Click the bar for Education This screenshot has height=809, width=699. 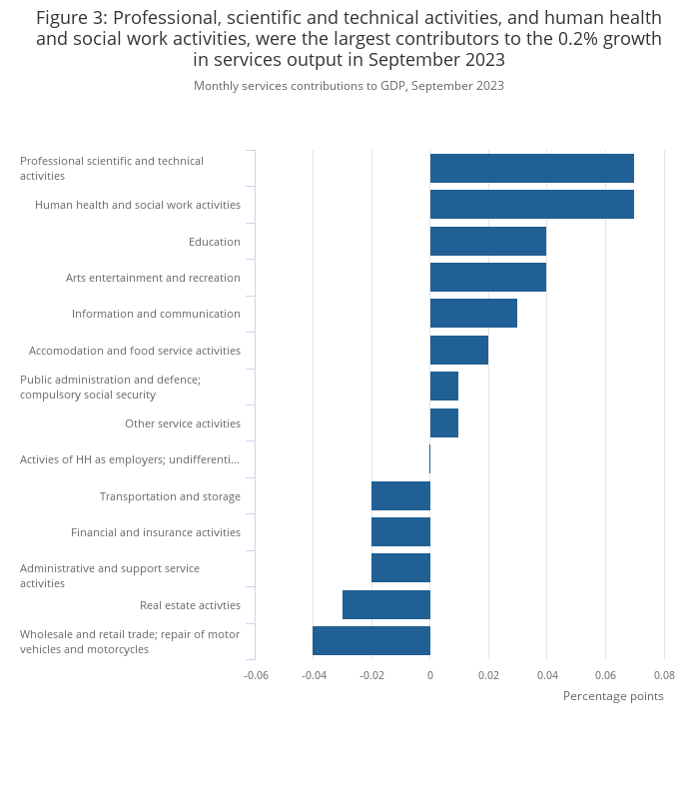[488, 241]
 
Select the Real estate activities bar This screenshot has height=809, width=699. [386, 604]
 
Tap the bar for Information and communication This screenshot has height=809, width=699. [473, 314]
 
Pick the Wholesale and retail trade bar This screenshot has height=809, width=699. [371, 641]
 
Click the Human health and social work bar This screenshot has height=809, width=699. [532, 205]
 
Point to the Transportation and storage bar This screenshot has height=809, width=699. [400, 495]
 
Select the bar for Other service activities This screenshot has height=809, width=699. [444, 423]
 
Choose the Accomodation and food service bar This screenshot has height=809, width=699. [459, 351]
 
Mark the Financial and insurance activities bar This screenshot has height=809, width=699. [400, 532]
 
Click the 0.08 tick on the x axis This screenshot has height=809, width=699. [664, 675]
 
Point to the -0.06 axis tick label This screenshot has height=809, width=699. [256, 675]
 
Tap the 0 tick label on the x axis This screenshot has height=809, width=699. [430, 675]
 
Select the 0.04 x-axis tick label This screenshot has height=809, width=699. [547, 675]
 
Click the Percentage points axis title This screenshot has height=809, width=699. [613, 696]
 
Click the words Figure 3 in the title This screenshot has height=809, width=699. [71, 18]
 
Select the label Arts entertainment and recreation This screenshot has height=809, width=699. [153, 278]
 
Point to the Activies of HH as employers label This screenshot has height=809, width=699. [130, 459]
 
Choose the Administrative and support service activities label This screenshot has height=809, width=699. [110, 576]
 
